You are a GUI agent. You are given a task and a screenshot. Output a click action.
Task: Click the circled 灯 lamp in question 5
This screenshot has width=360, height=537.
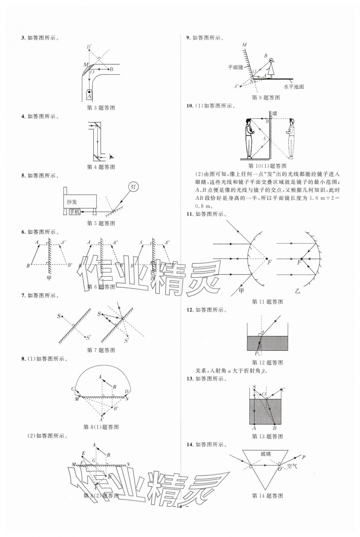coord(133,187)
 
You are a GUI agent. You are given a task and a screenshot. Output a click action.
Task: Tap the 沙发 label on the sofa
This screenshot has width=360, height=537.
coord(72,202)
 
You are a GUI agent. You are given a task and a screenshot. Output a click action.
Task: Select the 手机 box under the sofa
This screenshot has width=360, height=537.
coord(75,212)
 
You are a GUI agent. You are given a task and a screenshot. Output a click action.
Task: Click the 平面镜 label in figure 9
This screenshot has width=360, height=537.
coord(235,67)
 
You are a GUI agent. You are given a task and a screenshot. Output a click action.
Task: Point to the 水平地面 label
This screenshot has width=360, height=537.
coord(294,86)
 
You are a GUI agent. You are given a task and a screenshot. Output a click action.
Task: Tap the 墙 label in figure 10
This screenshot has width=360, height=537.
coord(274,113)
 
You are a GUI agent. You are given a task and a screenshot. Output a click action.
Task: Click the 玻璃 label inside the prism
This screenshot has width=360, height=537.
coord(266,454)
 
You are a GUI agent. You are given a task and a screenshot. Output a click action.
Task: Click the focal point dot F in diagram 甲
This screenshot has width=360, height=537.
coord(266,259)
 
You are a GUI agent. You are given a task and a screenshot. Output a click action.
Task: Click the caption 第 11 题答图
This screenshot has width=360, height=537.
coord(267,302)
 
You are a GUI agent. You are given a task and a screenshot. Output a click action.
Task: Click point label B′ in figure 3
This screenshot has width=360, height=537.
coord(89,47)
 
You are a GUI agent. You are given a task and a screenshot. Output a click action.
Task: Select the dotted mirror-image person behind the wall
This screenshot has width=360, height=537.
coord(291,138)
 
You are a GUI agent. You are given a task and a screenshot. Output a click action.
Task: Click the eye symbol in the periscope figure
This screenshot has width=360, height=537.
coord(111,157)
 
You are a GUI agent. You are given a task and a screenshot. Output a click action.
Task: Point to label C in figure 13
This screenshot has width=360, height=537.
coord(283,390)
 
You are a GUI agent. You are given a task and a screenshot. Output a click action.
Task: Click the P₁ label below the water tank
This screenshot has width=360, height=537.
coord(257,353)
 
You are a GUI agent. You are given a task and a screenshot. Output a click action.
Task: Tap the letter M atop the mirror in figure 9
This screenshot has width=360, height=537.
coord(244,45)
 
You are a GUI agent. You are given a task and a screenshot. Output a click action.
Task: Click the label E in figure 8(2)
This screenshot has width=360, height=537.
coord(84,453)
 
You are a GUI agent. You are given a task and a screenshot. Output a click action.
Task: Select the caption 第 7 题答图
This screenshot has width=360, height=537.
coord(101,350)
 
